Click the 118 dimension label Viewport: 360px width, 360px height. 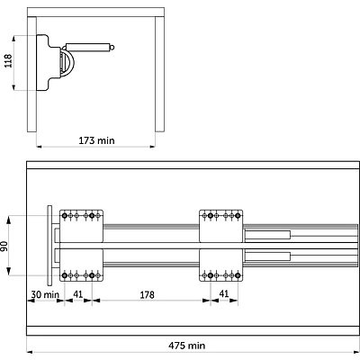click(x=8, y=61)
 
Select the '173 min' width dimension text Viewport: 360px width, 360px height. click(x=96, y=140)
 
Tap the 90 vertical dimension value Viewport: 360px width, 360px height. click(x=4, y=246)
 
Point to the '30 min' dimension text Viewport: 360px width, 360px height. click(x=45, y=294)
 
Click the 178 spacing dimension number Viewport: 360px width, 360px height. click(x=147, y=295)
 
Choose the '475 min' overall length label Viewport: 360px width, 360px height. click(x=187, y=346)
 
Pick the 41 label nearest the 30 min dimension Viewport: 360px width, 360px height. click(x=78, y=294)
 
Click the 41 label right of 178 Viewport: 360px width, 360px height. click(x=224, y=294)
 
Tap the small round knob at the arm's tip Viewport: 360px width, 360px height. click(x=112, y=48)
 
